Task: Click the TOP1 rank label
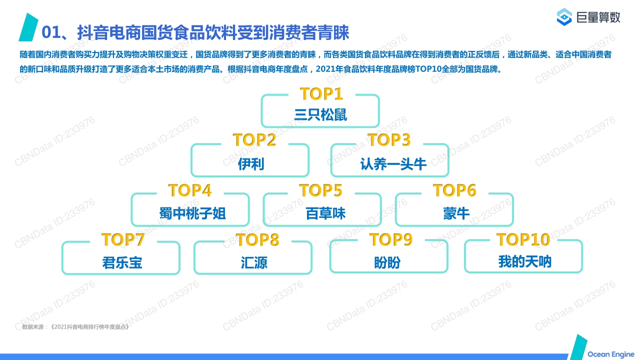(321, 94)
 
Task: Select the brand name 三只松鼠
(320, 115)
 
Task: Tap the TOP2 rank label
(254, 140)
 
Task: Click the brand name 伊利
(250, 164)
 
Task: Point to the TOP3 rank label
(389, 140)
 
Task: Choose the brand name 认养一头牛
(393, 164)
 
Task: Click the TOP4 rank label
(190, 190)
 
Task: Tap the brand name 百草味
(325, 213)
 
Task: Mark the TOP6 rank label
(454, 190)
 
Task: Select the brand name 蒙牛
(456, 213)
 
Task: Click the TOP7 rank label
(122, 240)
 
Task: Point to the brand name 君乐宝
(122, 262)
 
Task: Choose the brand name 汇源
(254, 262)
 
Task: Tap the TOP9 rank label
(391, 240)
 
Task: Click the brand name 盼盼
(387, 262)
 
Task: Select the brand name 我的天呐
(524, 261)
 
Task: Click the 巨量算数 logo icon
(564, 17)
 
